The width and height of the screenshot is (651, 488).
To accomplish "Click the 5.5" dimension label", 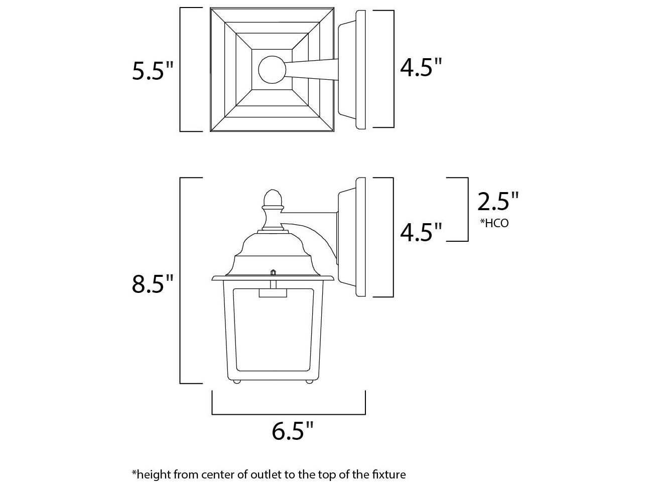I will [152, 71].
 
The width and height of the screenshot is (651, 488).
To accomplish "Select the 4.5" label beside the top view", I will [421, 67].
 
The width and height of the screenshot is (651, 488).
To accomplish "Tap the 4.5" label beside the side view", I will [421, 232].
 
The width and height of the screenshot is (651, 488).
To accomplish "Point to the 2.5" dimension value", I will [497, 201].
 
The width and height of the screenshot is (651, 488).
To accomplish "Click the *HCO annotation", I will [494, 223].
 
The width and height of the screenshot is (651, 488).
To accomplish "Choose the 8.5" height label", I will [152, 284].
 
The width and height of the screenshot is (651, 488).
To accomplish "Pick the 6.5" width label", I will [293, 430].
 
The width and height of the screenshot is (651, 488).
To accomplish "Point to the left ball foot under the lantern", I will [236, 382].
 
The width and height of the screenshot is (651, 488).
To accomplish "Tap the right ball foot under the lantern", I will [309, 382].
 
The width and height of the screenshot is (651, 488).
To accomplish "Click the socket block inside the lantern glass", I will [273, 293].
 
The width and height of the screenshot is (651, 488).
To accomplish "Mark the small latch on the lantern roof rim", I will [273, 272].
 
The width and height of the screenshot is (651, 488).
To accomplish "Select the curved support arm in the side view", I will [316, 236].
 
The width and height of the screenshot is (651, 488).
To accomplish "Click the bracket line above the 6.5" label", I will [289, 414].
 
